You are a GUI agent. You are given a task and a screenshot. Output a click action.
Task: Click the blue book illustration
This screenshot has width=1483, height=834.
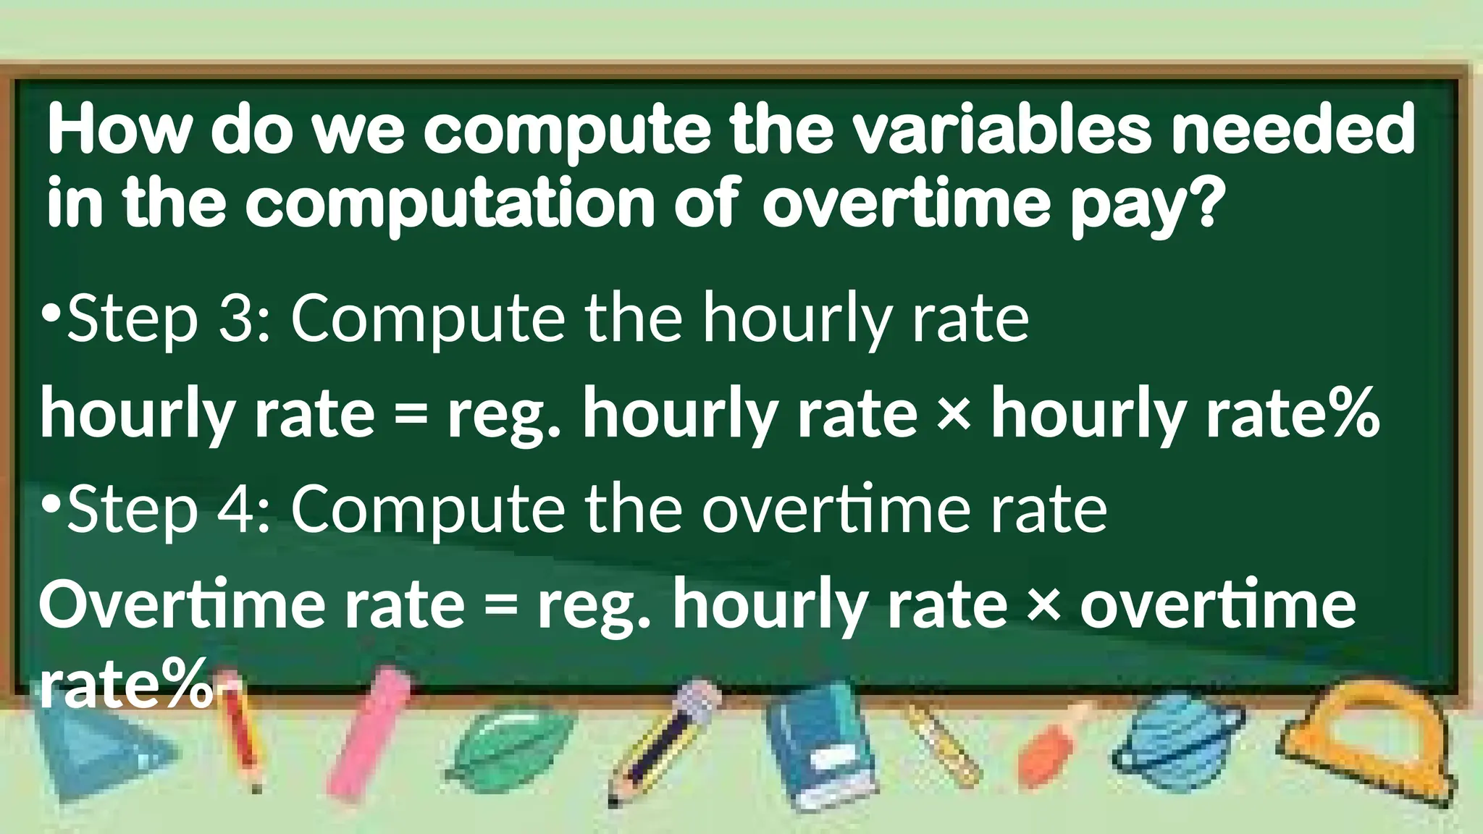[x=818, y=746]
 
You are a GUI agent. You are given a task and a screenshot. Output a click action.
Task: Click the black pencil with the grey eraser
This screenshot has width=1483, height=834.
[x=666, y=738]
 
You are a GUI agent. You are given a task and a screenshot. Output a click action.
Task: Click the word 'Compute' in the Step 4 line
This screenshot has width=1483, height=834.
[x=428, y=509]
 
